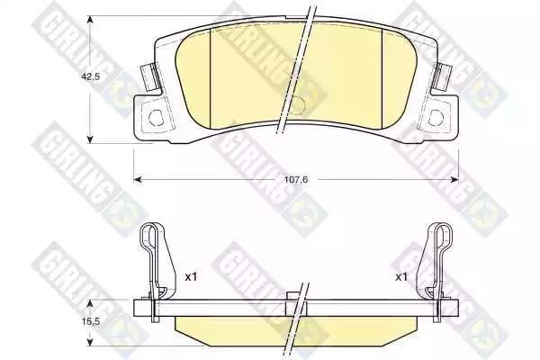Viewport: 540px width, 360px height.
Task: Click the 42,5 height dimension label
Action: coord(90,76)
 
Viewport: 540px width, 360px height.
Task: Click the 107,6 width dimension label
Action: coord(295,179)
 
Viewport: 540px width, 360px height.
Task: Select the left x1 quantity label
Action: coord(191,276)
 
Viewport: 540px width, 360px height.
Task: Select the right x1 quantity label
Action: coord(400,276)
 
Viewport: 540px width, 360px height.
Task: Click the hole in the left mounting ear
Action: coord(156,118)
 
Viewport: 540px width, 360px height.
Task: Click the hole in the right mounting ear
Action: coord(436,118)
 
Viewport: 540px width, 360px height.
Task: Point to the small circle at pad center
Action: coord(296,104)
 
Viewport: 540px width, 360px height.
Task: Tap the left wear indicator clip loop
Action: coord(150,238)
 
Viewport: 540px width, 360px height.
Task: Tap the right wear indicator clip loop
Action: coord(442,238)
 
